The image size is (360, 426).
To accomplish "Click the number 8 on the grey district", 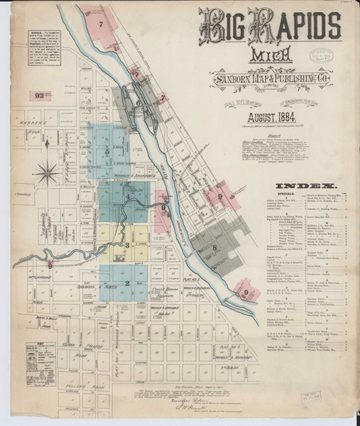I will point(214,248).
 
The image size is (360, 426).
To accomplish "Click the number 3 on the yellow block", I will point(126,246).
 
